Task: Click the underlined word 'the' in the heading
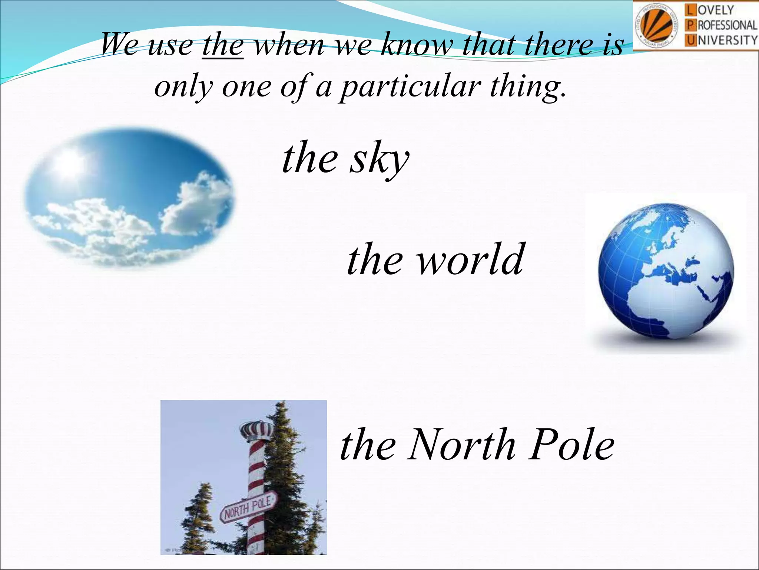(223, 45)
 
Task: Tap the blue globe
(666, 271)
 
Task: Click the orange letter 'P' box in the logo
(690, 25)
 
